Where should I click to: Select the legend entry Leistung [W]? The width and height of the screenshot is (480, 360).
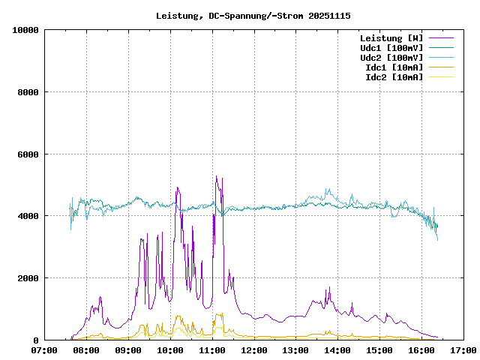coord(391,38)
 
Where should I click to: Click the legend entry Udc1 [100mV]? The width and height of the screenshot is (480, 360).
coord(391,48)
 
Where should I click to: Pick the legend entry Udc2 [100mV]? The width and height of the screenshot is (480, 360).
coord(391,58)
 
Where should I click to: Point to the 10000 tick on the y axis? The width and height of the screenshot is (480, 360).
coord(25,30)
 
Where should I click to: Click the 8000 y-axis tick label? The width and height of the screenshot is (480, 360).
coord(28,92)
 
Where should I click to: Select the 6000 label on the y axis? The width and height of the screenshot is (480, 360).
coord(28,154)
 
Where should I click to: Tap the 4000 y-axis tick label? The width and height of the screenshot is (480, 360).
coord(28,216)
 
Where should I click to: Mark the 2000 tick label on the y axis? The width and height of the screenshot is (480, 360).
coord(28,278)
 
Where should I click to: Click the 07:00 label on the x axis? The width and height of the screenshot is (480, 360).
coord(45,350)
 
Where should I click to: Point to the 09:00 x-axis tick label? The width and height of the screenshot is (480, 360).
coord(128,350)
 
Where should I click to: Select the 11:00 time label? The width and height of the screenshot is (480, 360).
coord(212,350)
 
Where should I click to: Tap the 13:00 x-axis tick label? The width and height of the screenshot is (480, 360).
coord(296,350)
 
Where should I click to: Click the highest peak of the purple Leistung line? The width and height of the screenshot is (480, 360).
coord(216,176)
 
